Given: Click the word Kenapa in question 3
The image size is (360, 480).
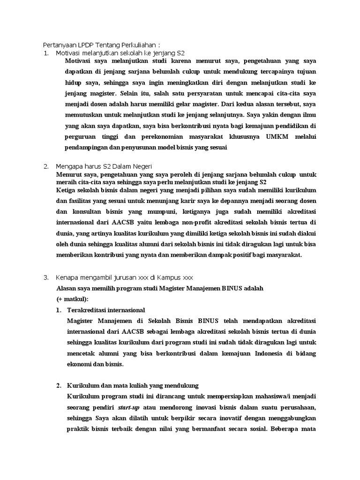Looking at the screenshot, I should coord(67,277).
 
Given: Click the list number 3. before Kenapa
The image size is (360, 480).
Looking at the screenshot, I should coord(46,277).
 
